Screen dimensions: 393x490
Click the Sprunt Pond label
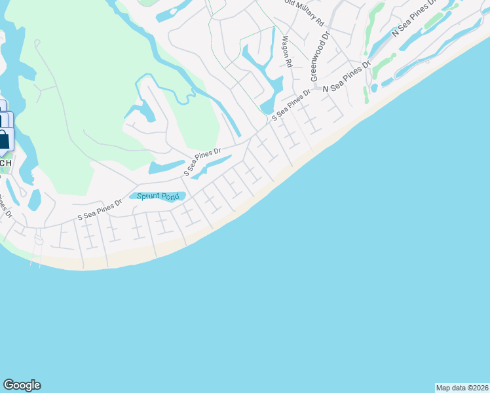click(157, 196)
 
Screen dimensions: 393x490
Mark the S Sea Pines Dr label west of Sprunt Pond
click(100, 209)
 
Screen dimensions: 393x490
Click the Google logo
click(22, 385)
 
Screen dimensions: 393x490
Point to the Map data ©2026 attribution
click(462, 387)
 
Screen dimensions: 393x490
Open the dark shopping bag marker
click(3, 140)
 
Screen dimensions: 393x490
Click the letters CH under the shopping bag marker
click(5, 162)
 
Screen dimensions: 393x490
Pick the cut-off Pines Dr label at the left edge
click(5, 205)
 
